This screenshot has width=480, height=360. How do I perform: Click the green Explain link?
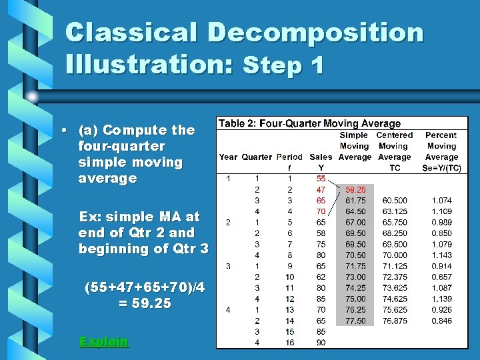(103, 341)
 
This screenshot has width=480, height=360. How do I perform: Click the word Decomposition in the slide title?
(316, 33)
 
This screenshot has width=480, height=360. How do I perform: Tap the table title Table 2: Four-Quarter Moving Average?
(309, 123)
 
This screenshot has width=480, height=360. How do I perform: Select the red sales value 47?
(321, 189)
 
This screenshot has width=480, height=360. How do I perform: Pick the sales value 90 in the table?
(321, 342)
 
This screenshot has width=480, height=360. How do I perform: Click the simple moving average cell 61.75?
(355, 200)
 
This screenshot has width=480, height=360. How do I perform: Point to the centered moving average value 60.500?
(395, 200)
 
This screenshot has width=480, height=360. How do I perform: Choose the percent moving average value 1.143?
(441, 255)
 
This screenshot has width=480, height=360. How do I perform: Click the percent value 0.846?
(441, 321)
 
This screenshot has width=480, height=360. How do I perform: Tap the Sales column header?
(321, 157)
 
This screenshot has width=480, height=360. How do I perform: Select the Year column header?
(228, 157)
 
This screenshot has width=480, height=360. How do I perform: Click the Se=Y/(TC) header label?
(441, 168)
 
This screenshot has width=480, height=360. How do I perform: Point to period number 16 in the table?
(289, 342)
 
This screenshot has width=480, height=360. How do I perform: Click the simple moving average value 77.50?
(355, 321)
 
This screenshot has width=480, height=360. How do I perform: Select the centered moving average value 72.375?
(395, 277)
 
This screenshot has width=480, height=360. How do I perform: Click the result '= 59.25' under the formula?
(144, 303)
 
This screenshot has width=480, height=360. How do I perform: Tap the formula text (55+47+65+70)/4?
(144, 287)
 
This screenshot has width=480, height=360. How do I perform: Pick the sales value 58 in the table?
(321, 233)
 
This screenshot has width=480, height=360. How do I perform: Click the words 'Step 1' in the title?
(284, 65)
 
